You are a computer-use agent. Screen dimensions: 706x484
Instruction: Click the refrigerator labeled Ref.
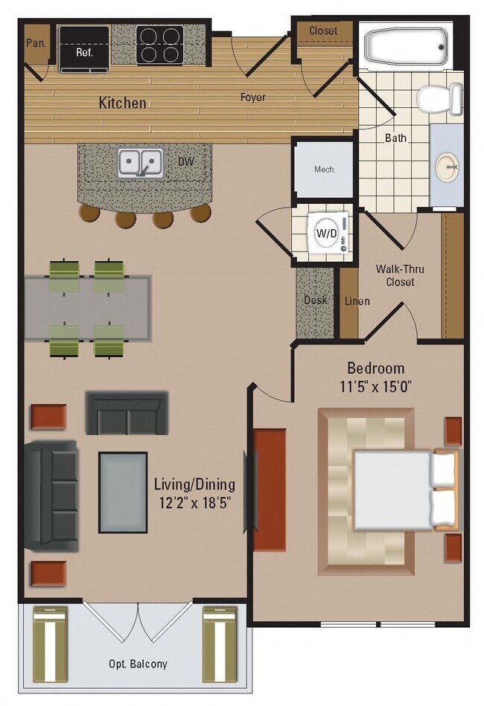click(84, 49)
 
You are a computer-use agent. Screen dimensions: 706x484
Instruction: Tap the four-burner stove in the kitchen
click(159, 45)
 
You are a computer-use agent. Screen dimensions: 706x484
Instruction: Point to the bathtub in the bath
click(406, 46)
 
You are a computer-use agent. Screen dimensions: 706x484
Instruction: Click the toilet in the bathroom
click(439, 99)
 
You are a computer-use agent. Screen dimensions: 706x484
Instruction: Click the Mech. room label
click(325, 169)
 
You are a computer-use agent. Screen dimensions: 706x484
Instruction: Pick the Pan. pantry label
click(36, 43)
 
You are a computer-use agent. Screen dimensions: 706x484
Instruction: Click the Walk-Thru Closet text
click(395, 275)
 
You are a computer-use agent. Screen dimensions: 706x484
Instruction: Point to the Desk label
click(316, 301)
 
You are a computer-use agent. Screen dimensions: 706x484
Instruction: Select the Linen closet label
click(357, 301)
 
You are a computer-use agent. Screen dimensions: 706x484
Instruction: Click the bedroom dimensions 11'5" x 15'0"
click(376, 386)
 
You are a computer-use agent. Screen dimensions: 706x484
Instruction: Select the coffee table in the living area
click(123, 492)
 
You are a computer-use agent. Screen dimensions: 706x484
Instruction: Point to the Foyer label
click(252, 97)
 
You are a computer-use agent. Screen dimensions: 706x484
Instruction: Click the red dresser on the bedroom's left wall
click(270, 490)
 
